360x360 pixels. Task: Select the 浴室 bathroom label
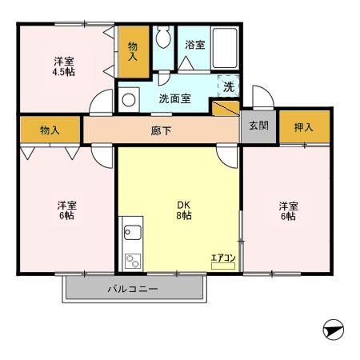[x=195, y=46]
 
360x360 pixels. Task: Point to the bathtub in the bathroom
[x=226, y=50]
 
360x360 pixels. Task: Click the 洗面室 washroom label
[x=174, y=99]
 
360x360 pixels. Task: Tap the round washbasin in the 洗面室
[x=128, y=100]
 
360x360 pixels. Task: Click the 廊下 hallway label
[x=162, y=130]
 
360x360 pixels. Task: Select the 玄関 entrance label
[x=258, y=126]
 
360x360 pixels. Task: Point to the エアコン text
[x=222, y=258]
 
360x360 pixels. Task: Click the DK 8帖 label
[x=184, y=210]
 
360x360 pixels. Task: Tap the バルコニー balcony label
[x=134, y=289]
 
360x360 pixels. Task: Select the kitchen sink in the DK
[x=132, y=234]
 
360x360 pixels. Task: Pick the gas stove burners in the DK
[x=131, y=261]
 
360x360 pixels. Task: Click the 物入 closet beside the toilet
[x=133, y=51]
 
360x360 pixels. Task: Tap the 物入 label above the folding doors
[x=50, y=128]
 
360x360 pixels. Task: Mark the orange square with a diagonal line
[x=225, y=107]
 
